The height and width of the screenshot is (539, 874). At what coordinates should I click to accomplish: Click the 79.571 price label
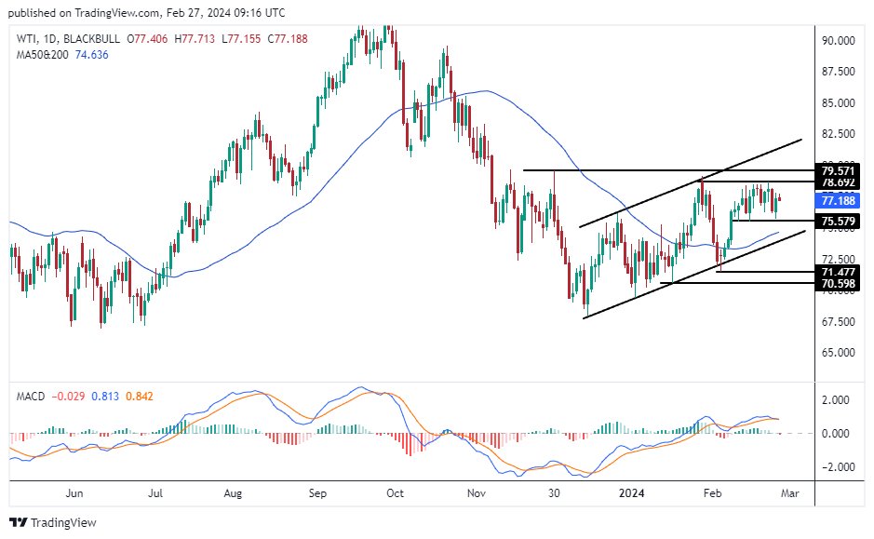(x=840, y=170)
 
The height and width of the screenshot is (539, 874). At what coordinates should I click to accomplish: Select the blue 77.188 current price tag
(x=840, y=199)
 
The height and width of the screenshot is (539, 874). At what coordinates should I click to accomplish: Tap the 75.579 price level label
(x=840, y=221)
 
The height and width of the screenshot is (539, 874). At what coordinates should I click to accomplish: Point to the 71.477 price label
(x=840, y=271)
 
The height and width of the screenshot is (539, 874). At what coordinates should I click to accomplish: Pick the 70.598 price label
(x=840, y=282)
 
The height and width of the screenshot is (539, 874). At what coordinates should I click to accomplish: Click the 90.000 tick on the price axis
(x=839, y=40)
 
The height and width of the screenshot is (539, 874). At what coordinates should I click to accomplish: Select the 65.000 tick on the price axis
(x=839, y=353)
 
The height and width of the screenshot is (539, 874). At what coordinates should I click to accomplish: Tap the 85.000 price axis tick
(x=839, y=102)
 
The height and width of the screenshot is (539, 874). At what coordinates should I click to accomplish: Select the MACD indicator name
(x=32, y=396)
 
